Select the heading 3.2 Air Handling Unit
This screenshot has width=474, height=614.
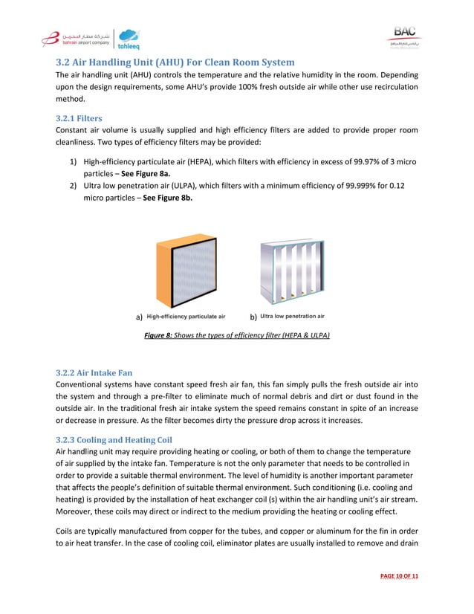point(175,62)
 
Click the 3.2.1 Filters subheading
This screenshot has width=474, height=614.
point(79,118)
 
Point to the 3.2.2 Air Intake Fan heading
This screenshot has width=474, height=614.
point(96,372)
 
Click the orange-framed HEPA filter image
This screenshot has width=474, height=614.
point(187,269)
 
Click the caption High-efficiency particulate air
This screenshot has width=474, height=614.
point(185,317)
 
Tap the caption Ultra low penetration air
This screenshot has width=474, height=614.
point(292,317)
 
